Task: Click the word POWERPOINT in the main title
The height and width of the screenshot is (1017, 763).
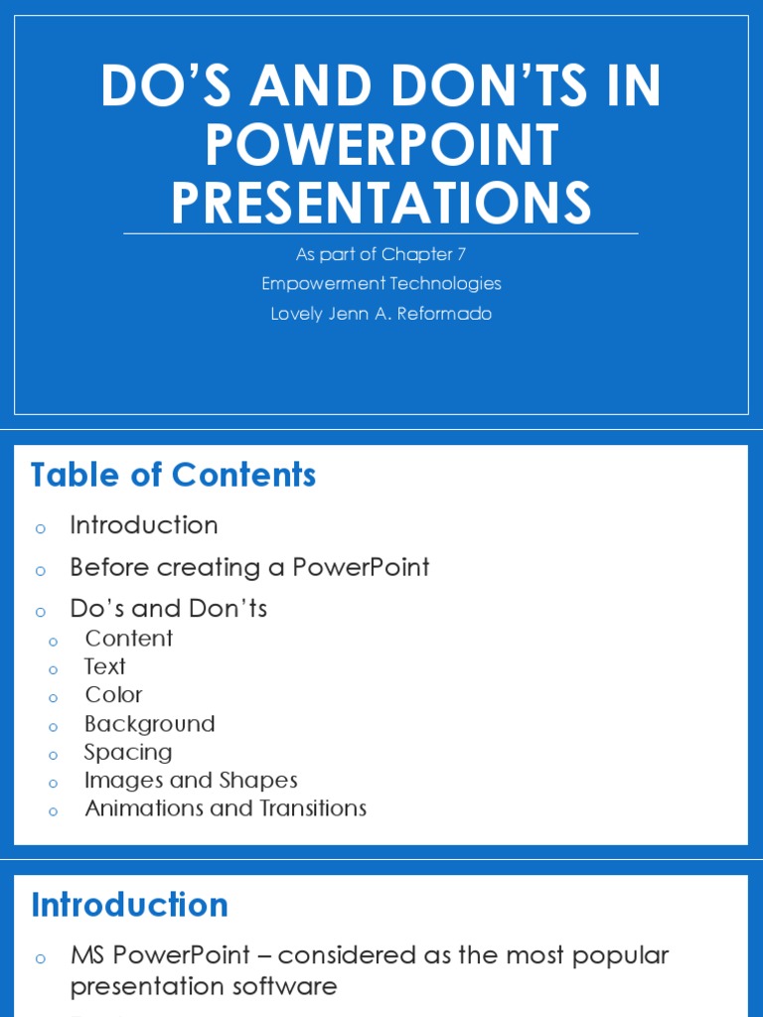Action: click(x=381, y=145)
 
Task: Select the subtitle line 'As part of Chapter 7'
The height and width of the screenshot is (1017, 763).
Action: click(x=381, y=254)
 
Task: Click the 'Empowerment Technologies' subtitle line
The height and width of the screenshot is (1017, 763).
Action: click(x=381, y=284)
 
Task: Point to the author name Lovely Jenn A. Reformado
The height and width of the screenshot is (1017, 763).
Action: click(x=381, y=314)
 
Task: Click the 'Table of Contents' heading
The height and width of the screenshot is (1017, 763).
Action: click(x=173, y=476)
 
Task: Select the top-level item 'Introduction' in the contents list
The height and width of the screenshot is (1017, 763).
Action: click(x=143, y=525)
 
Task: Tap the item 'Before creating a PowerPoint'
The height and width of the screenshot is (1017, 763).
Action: click(x=249, y=568)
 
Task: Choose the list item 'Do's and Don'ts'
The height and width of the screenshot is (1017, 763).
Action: click(x=168, y=609)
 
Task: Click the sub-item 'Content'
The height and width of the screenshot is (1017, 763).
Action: click(x=128, y=639)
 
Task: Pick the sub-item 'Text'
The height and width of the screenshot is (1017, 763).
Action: click(x=104, y=666)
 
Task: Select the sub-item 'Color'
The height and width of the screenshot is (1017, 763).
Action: click(x=113, y=695)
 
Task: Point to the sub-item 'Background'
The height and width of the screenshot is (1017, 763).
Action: click(x=149, y=724)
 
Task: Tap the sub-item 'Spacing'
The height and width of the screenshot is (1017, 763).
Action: click(x=128, y=753)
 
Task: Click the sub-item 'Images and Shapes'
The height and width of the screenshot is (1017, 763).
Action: click(x=191, y=781)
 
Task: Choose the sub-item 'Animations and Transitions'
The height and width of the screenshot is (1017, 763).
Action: click(x=226, y=808)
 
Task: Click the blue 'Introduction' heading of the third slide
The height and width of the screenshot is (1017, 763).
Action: click(x=129, y=906)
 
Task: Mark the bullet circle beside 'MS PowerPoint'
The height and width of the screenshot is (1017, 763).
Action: click(x=41, y=958)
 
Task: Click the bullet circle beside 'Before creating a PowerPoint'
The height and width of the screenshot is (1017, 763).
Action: click(x=41, y=571)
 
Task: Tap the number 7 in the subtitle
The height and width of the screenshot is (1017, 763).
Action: click(x=461, y=254)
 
